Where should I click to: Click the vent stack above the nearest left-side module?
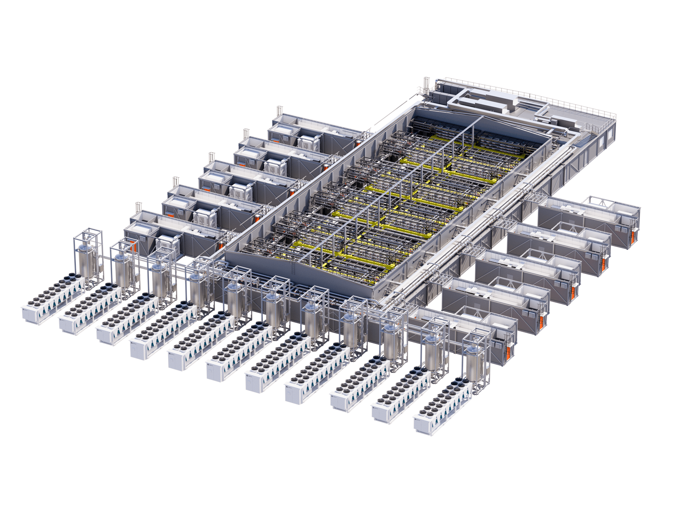coord(139,207)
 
